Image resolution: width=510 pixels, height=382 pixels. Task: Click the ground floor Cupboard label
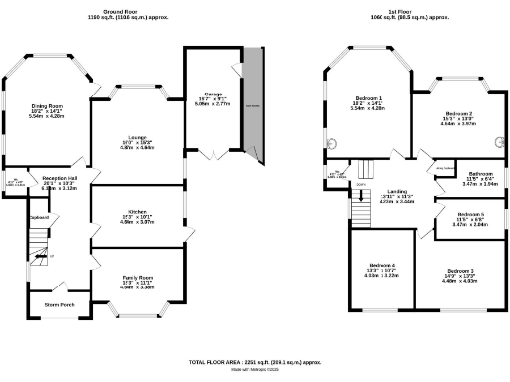click(39, 216)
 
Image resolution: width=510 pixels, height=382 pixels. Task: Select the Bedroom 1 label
click(368, 97)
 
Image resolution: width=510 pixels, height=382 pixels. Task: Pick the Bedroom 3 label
click(459, 271)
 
